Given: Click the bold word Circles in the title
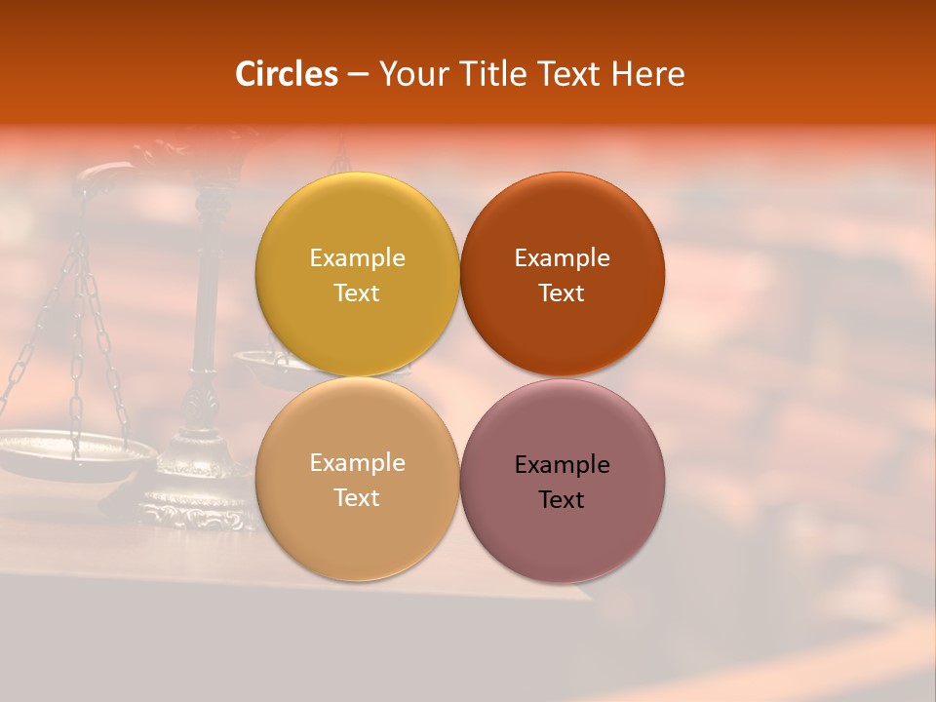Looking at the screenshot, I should pos(286,74).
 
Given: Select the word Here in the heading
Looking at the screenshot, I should pos(648,74).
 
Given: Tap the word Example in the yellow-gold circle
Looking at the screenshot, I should pos(357,258).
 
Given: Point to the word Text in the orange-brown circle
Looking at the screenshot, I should pos(562,293).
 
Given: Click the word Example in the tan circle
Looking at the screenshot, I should pos(357,463).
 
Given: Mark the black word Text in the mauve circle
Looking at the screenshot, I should pos(562,500).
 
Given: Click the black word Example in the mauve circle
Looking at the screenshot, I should pos(562,465).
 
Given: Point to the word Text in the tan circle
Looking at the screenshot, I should pos(357,498).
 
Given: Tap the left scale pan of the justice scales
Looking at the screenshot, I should pos(73,453).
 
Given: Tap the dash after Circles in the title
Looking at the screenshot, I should pos(358,75).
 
